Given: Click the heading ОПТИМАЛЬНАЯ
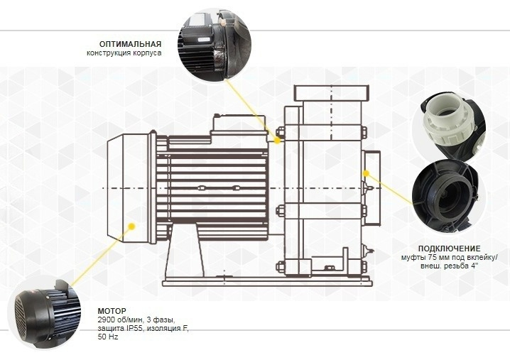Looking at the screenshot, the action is (x=130, y=44).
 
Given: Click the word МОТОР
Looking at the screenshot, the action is (x=112, y=311).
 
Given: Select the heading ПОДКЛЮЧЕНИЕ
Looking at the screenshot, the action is (x=449, y=249).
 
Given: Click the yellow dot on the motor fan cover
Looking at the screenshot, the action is (x=131, y=226).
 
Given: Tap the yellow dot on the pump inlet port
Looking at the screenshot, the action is (x=367, y=173).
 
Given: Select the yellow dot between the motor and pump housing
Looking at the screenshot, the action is (x=277, y=141).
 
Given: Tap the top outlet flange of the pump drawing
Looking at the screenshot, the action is (x=332, y=93).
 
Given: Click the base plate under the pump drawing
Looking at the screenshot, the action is (x=266, y=282).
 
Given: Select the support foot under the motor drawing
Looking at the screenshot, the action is (x=185, y=251).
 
